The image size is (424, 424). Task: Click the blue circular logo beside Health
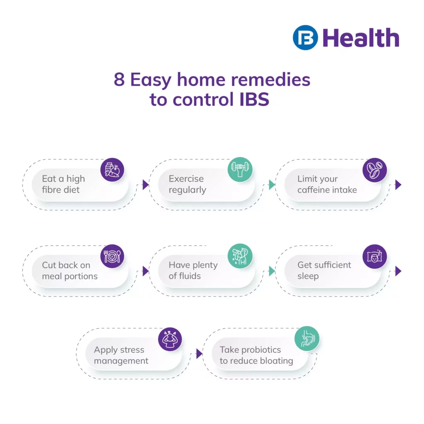pyautogui.click(x=305, y=38)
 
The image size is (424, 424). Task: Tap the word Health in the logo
pyautogui.click(x=361, y=38)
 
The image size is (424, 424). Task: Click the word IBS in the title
pyautogui.click(x=255, y=99)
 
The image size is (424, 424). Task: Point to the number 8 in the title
pyautogui.click(x=119, y=79)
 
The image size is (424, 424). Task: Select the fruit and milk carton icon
pyautogui.click(x=112, y=170)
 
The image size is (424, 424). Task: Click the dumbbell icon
pyautogui.click(x=240, y=169)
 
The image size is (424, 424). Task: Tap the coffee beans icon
pyautogui.click(x=374, y=170)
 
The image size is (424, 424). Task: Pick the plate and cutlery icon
pyautogui.click(x=112, y=256)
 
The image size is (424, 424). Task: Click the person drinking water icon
pyautogui.click(x=240, y=256)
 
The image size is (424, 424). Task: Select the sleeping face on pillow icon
pyautogui.click(x=374, y=256)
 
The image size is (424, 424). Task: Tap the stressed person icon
pyautogui.click(x=170, y=340)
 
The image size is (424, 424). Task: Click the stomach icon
pyautogui.click(x=307, y=339)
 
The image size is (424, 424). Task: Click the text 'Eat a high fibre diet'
pyautogui.click(x=63, y=184)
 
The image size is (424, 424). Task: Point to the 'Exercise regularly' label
pyautogui.click(x=188, y=184)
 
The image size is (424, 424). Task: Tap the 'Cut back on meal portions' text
pyautogui.click(x=70, y=270)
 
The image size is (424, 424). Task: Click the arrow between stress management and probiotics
pyautogui.click(x=199, y=354)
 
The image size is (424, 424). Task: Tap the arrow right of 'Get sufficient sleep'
pyautogui.click(x=398, y=271)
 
